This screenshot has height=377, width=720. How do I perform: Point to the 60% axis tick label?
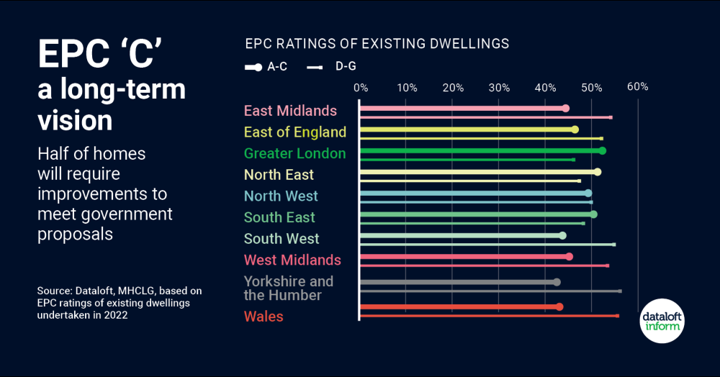pos(637,87)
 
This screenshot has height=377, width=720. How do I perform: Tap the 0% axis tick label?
pos(361,88)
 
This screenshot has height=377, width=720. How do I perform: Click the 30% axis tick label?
pos(499,88)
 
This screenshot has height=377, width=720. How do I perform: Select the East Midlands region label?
pos(290,111)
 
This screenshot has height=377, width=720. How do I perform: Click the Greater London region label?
pos(294,153)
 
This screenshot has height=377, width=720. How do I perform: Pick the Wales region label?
pos(264,317)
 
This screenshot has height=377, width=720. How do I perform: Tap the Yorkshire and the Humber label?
pos(288,288)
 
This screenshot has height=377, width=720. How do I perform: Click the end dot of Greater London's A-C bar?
pos(602,150)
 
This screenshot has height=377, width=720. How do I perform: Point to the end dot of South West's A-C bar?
pos(562,235)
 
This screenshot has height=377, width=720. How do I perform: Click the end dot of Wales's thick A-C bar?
pos(559,306)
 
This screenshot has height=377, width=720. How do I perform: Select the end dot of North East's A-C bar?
pos(597,172)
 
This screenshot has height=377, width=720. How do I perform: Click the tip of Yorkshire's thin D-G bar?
pos(620,291)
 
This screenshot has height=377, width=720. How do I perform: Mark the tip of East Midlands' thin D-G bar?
pos(611,117)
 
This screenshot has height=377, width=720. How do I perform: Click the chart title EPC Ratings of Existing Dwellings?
pos(377,44)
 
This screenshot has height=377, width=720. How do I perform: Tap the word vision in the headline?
pos(75,119)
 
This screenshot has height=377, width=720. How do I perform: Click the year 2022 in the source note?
pos(117,315)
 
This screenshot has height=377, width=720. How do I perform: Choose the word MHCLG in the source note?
pos(129,291)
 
